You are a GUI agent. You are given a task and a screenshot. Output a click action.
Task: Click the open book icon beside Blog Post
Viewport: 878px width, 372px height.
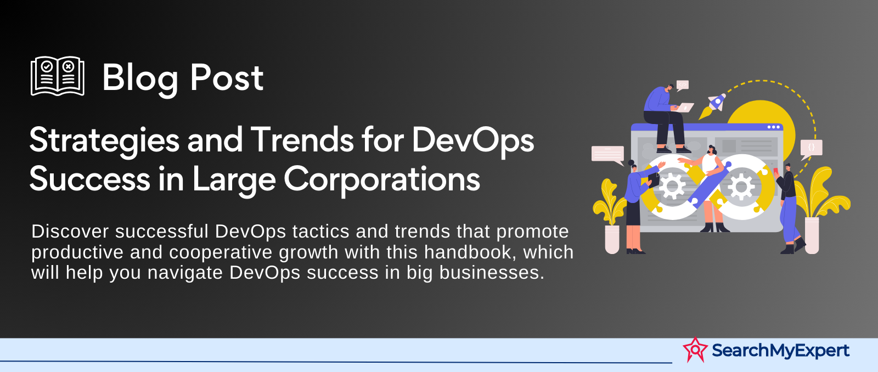click(x=58, y=76)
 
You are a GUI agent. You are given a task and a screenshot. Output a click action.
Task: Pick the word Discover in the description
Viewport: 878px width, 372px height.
click(x=70, y=232)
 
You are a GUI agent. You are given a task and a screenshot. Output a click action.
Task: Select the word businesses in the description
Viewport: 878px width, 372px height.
click(x=492, y=272)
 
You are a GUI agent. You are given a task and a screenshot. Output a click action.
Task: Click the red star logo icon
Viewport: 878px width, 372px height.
click(x=695, y=350)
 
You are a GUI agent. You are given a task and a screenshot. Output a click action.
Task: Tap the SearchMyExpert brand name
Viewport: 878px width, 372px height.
click(x=780, y=351)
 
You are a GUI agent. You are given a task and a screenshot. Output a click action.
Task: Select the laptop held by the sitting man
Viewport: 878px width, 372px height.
click(x=684, y=108)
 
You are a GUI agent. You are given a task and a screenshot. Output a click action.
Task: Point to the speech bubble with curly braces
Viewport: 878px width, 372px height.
click(x=811, y=149)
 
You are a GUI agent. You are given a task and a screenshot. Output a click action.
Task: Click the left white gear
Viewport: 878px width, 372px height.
click(x=672, y=186)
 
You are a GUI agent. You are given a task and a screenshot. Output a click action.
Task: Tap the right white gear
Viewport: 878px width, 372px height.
click(x=741, y=186)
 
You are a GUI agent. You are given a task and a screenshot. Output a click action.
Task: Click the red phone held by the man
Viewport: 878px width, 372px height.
click(x=775, y=171)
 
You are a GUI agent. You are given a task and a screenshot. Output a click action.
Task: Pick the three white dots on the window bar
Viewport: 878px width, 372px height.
click(x=773, y=127)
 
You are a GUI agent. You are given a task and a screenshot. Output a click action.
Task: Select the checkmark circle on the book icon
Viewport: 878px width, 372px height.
click(x=47, y=66)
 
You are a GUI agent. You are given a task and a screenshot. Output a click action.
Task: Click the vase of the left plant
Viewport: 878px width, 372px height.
click(x=612, y=239)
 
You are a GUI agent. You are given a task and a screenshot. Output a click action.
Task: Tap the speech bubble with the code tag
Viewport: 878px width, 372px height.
click(x=683, y=85)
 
